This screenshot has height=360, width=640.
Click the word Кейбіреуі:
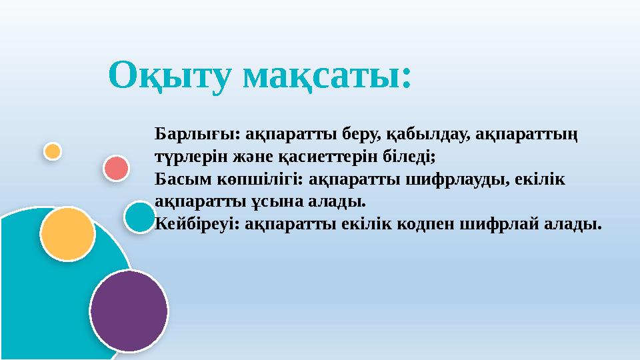(x=197, y=223)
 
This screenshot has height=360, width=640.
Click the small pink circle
(x=116, y=168)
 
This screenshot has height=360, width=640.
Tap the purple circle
(x=129, y=310)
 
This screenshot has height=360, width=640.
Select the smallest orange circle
(x=53, y=151)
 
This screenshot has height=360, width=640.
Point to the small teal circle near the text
(x=140, y=217)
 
